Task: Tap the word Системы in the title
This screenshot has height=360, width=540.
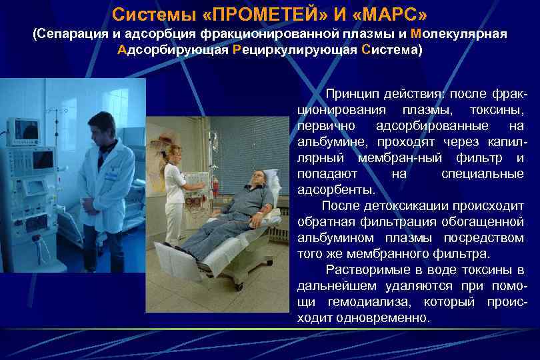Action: pyautogui.click(x=145, y=14)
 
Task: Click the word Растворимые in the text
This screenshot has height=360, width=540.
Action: pyautogui.click(x=363, y=270)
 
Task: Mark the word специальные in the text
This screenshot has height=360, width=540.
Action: pyautogui.click(x=482, y=174)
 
